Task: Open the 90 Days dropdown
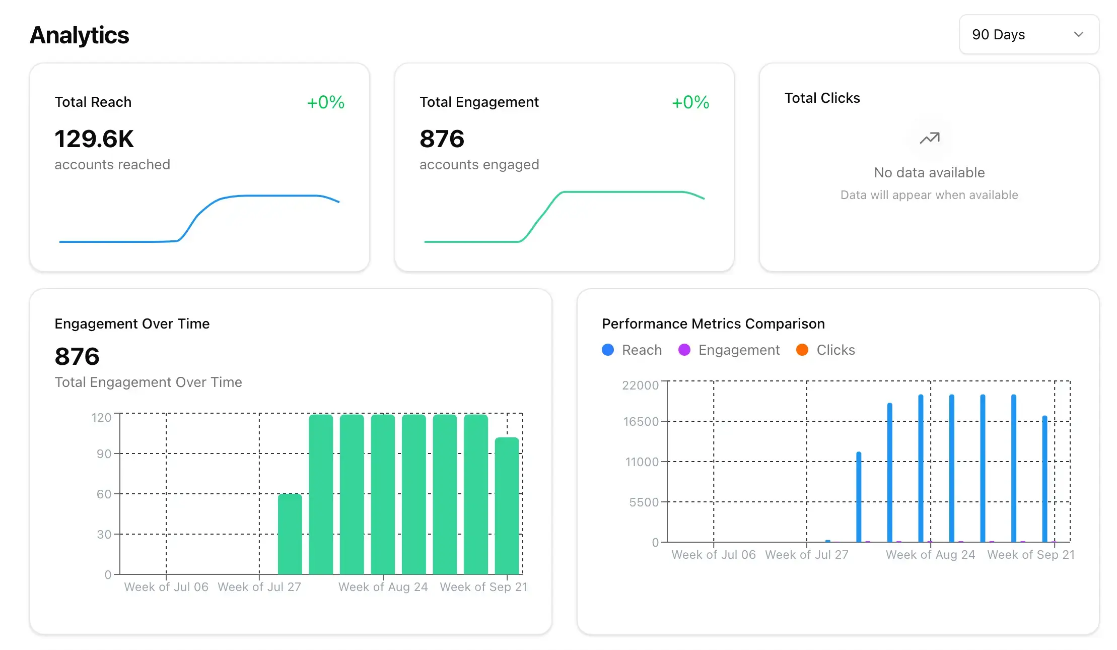pyautogui.click(x=1028, y=34)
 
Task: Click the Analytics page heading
pyautogui.click(x=79, y=35)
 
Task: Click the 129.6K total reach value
pyautogui.click(x=94, y=139)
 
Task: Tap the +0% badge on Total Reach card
pyautogui.click(x=325, y=102)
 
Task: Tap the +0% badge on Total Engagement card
pyautogui.click(x=690, y=102)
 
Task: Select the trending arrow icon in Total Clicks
pyautogui.click(x=929, y=138)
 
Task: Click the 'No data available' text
pyautogui.click(x=929, y=172)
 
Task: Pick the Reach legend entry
pyautogui.click(x=632, y=350)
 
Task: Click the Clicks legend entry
pyautogui.click(x=826, y=350)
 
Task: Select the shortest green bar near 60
pyautogui.click(x=290, y=534)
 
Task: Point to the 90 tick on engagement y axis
pyautogui.click(x=104, y=453)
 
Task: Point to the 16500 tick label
pyautogui.click(x=641, y=421)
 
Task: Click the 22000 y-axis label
pyautogui.click(x=640, y=385)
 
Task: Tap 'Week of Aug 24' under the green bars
pyautogui.click(x=383, y=587)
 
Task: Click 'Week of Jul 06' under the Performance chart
pyautogui.click(x=713, y=554)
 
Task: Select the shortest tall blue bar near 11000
pyautogui.click(x=859, y=497)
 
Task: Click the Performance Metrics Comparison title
pyautogui.click(x=713, y=323)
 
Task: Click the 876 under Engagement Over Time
pyautogui.click(x=77, y=356)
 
